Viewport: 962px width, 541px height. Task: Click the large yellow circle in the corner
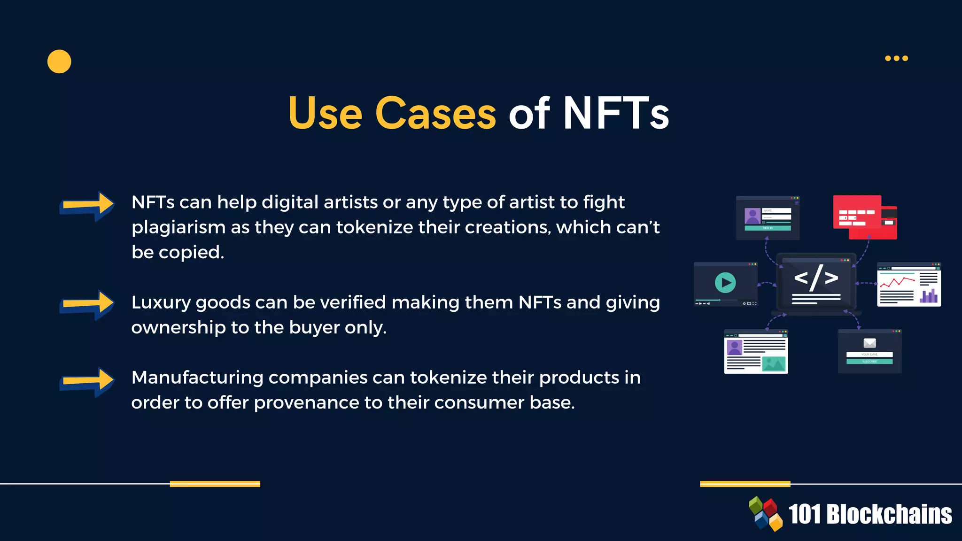pos(59,62)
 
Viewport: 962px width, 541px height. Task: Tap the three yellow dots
pos(896,58)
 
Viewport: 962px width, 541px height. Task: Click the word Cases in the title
pos(435,113)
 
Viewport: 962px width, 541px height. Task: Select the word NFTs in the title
pos(616,113)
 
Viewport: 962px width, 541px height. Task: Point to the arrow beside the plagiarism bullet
pos(87,206)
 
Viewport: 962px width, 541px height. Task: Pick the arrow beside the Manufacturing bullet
pos(87,381)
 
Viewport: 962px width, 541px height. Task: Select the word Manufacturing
pos(197,378)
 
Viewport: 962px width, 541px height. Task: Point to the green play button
pos(725,283)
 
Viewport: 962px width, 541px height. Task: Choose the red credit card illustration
pos(864,217)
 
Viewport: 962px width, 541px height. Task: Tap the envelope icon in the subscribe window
pos(870,343)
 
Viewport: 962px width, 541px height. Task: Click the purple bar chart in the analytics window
pos(929,296)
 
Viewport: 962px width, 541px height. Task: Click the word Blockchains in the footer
pos(889,514)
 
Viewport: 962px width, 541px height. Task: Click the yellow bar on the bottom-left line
pos(215,484)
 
